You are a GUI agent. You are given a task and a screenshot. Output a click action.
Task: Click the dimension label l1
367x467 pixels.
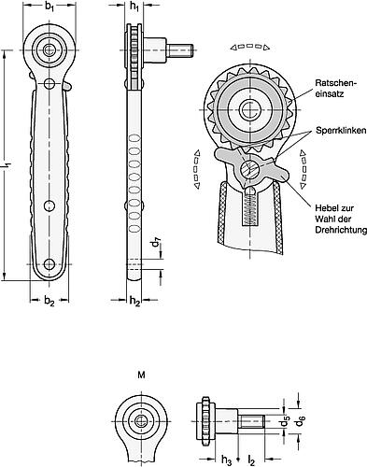(7, 164)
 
